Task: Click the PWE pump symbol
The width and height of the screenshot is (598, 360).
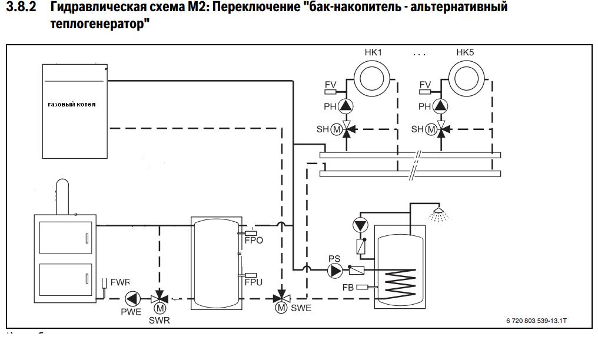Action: tap(134, 298)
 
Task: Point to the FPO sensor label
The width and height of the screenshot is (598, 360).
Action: tap(254, 241)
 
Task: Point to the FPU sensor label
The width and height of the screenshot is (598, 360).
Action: tap(254, 282)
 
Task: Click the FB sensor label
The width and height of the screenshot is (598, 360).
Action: tap(348, 287)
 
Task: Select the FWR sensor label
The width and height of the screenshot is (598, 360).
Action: tap(120, 282)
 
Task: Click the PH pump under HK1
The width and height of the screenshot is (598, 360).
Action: tap(347, 106)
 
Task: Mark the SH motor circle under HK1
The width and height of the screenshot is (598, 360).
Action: tap(336, 129)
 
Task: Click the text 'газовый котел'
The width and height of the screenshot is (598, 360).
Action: tap(72, 104)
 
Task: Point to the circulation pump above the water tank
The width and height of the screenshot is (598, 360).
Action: tap(360, 225)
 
